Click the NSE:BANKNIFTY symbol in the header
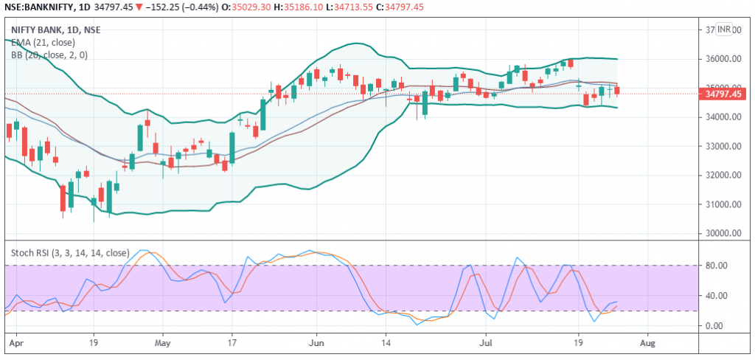click(37, 7)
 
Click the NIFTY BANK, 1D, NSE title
click(56, 30)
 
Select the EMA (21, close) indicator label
click(44, 42)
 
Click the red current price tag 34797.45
click(723, 94)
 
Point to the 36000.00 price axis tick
click(723, 59)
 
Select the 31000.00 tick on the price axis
click(723, 204)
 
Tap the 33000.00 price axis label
click(723, 146)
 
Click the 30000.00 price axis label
click(723, 233)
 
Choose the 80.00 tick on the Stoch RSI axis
click(717, 266)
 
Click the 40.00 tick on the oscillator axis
click(717, 296)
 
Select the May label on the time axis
click(163, 344)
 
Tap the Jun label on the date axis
click(317, 344)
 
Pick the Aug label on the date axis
click(647, 344)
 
